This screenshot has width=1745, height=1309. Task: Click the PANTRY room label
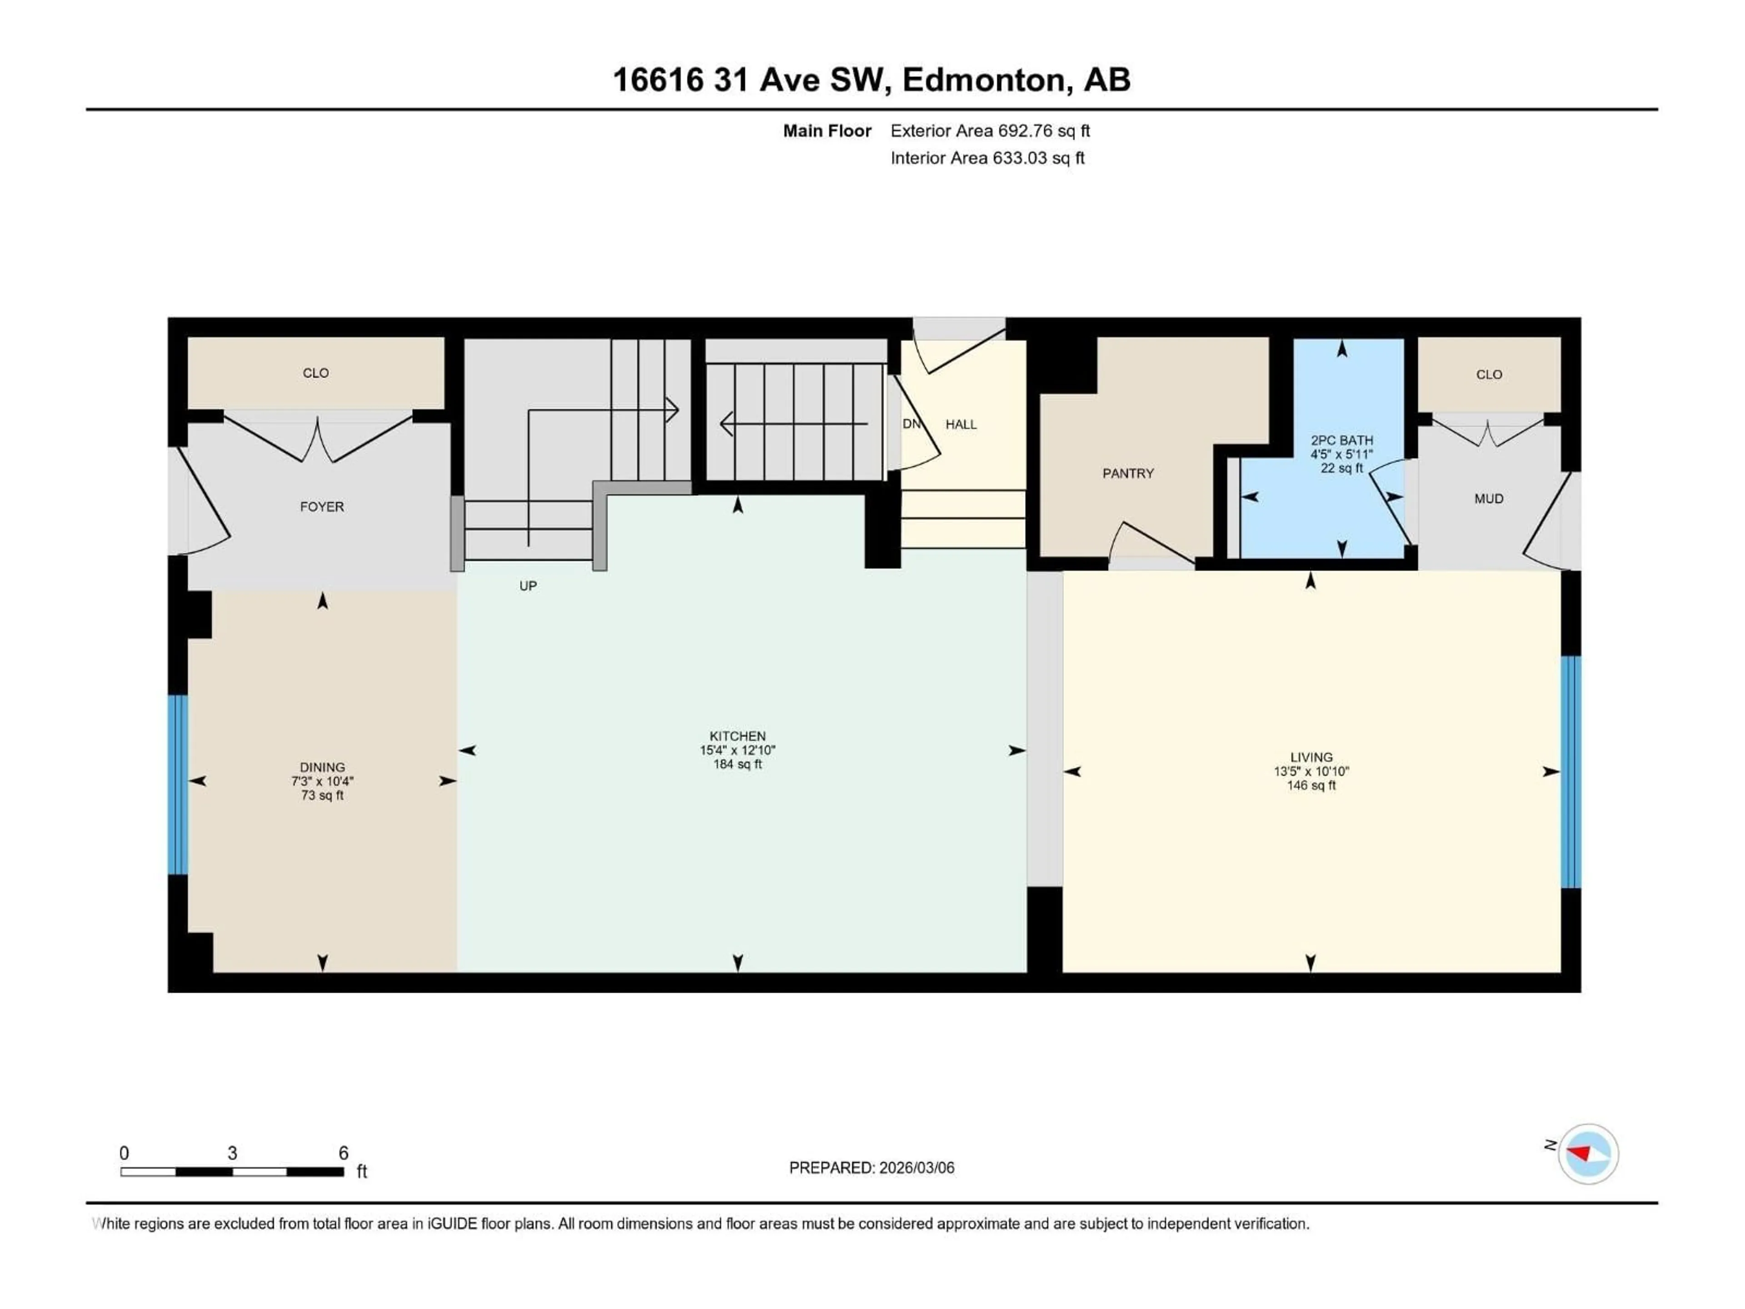click(1127, 474)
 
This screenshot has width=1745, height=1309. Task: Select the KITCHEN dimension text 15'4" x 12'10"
click(738, 750)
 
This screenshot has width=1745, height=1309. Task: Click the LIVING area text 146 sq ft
click(1311, 786)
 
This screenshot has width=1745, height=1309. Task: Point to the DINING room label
click(322, 767)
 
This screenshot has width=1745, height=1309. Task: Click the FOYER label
click(322, 507)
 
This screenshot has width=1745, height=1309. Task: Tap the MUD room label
click(1489, 499)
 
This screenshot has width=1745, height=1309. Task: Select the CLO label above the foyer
click(315, 372)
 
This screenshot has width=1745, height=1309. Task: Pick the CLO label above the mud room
click(1489, 374)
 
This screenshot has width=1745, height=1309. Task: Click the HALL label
click(961, 425)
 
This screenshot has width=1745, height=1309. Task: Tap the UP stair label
click(528, 585)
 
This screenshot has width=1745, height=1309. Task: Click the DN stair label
click(911, 424)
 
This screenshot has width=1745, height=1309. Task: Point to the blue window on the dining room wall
click(178, 784)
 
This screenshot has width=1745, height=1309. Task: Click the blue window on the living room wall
click(1570, 772)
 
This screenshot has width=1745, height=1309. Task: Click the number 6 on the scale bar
click(343, 1153)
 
